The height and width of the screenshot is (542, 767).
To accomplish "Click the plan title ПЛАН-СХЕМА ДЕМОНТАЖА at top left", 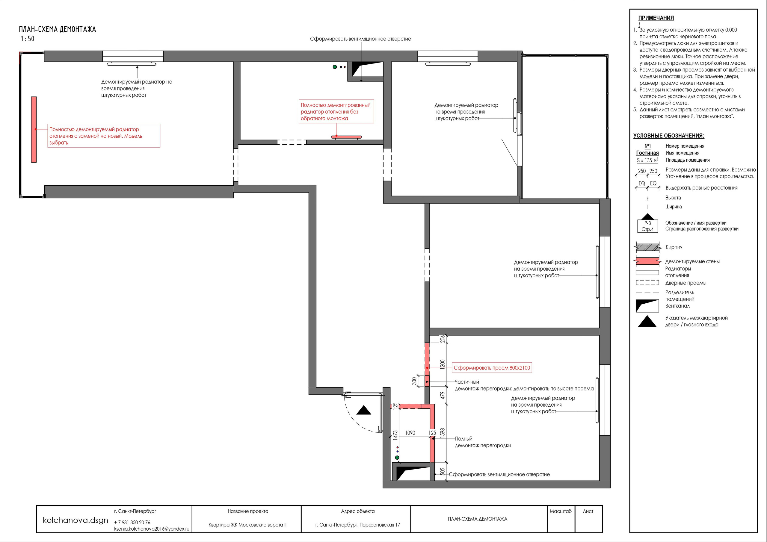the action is [58, 29].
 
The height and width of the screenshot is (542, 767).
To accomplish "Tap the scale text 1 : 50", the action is [27, 39].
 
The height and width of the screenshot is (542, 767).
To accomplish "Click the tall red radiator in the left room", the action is [34, 130].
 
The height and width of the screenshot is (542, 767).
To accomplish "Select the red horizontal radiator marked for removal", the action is [346, 137].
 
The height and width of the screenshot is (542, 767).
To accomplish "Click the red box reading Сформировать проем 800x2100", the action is [492, 368].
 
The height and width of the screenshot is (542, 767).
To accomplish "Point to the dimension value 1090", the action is [410, 433].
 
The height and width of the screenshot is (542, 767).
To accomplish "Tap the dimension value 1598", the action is [443, 433].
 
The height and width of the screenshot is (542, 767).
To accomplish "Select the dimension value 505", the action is [443, 471].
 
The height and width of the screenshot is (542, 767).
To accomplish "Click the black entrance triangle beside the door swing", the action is [364, 411].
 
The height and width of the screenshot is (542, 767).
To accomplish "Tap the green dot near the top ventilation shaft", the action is [335, 67].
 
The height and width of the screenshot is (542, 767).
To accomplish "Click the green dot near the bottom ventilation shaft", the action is [397, 458].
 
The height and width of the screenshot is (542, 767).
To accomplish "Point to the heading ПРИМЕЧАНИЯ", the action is [656, 18].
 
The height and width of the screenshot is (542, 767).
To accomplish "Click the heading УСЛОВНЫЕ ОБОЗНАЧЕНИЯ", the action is [669, 136].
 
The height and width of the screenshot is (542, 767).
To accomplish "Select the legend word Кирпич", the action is [674, 247].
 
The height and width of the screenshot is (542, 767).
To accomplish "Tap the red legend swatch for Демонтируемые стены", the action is [648, 261].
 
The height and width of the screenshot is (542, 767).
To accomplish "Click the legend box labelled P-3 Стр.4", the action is [648, 226].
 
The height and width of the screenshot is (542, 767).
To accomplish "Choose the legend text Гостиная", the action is [647, 153].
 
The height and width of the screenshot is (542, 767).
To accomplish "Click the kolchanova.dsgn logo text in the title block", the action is [76, 520].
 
